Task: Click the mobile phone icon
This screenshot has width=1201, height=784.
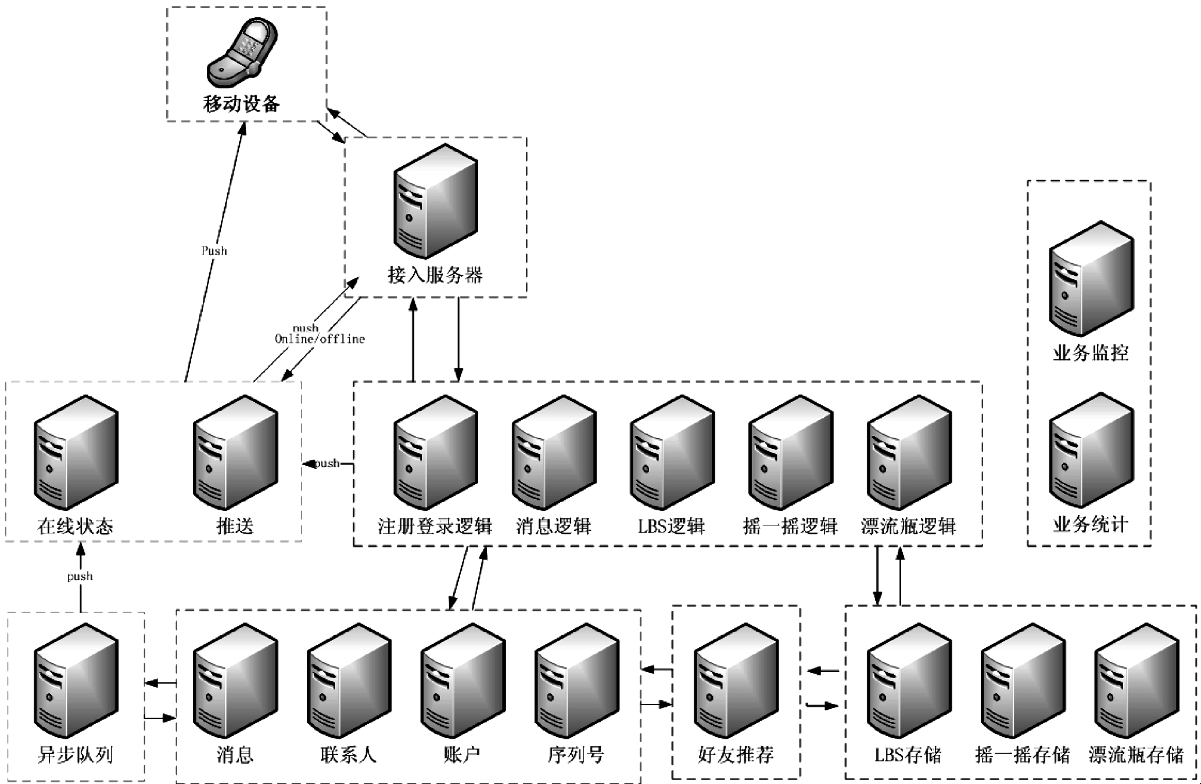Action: [242, 53]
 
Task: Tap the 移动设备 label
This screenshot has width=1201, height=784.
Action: [241, 104]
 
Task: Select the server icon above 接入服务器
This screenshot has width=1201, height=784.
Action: [435, 201]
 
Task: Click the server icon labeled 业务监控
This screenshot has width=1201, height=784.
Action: [1091, 278]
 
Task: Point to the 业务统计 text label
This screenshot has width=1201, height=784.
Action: [1091, 525]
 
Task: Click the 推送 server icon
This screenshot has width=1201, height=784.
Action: [235, 452]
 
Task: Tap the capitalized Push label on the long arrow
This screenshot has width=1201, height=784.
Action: [214, 251]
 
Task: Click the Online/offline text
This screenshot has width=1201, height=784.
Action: [320, 339]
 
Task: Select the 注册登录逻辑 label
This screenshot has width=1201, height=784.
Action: [435, 527]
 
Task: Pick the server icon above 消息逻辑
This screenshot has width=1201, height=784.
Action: [553, 452]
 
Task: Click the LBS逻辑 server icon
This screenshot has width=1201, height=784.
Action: [672, 452]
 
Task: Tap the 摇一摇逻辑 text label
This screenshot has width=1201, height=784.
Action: [790, 527]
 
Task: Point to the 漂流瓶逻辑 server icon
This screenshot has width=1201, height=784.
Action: [909, 452]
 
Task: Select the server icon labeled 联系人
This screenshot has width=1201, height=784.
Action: [349, 681]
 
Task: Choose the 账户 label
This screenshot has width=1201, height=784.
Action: [462, 755]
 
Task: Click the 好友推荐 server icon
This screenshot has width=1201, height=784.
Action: [736, 681]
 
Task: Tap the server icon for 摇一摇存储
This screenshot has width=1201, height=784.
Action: [1023, 681]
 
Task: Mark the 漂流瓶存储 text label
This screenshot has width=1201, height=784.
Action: [1136, 755]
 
